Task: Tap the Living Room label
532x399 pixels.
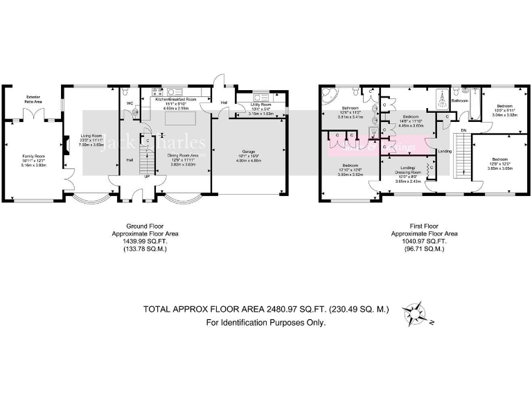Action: (91, 136)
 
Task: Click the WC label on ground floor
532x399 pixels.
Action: (129, 103)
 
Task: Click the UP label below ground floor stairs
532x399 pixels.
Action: (146, 176)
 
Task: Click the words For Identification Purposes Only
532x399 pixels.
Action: (265, 322)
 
